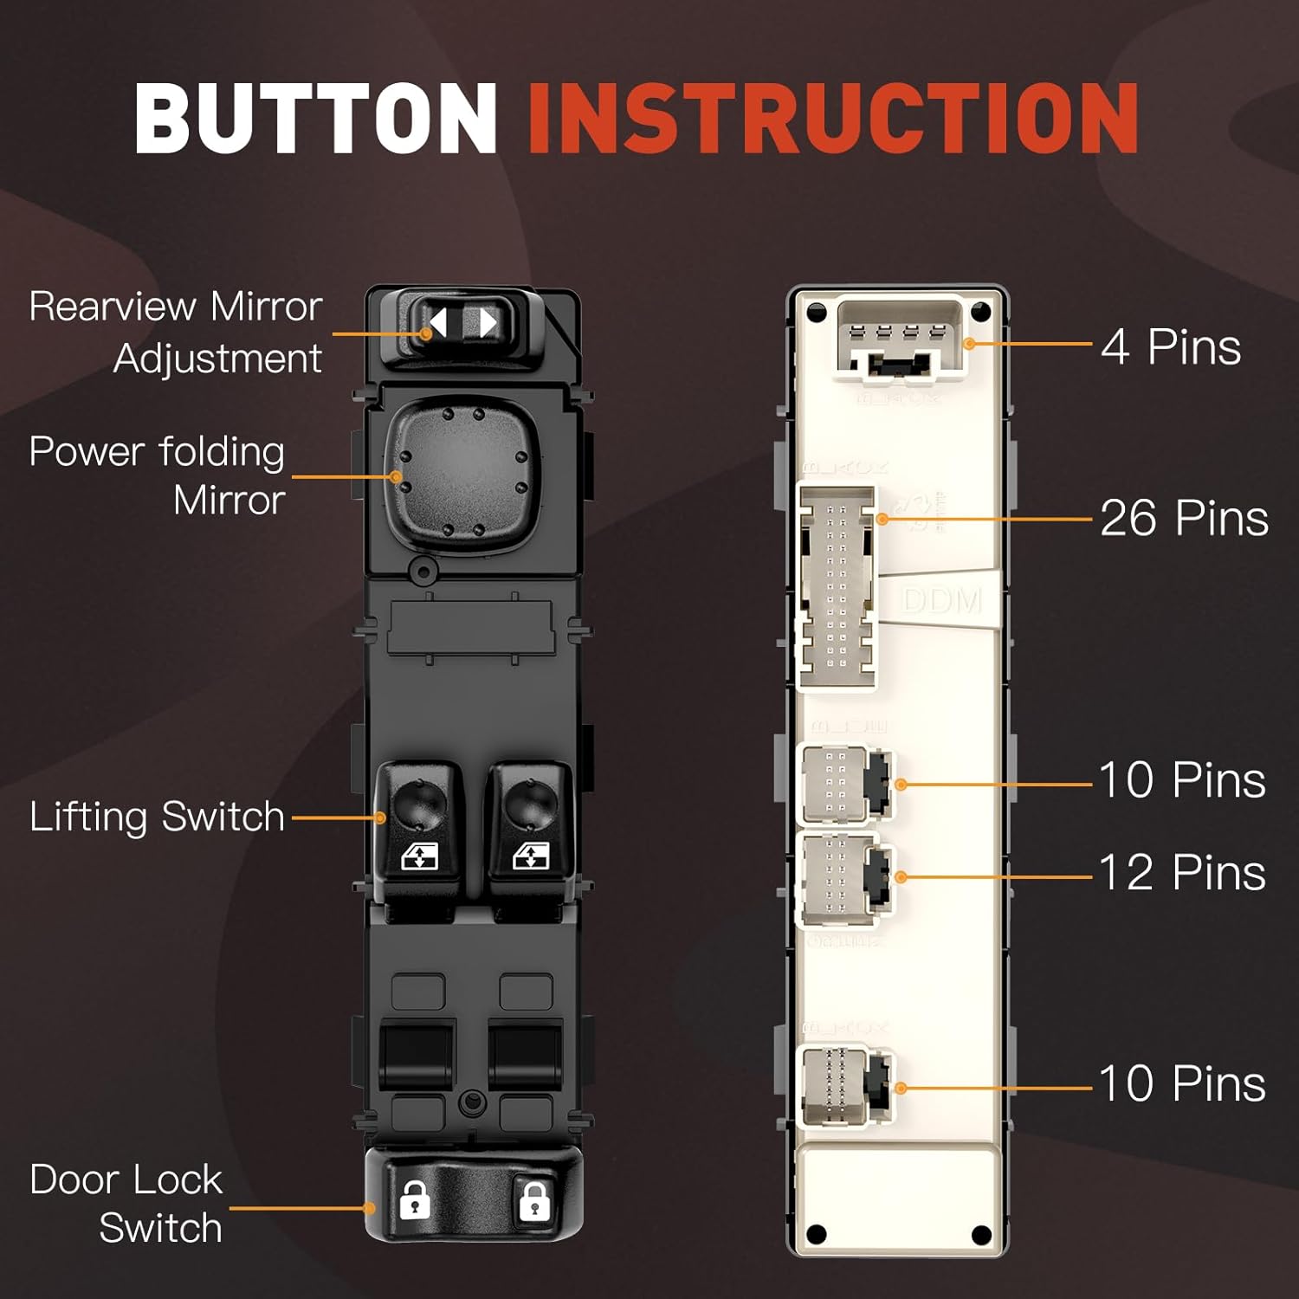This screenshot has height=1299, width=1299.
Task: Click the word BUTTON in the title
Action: (x=315, y=119)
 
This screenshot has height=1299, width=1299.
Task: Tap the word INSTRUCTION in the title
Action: (x=832, y=119)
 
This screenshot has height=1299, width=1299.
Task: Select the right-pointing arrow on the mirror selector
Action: (x=488, y=324)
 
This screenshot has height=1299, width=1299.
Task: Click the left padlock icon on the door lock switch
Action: (x=415, y=1200)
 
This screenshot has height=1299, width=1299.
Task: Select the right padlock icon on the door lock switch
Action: (x=533, y=1200)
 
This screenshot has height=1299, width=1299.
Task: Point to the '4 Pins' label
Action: (x=1171, y=347)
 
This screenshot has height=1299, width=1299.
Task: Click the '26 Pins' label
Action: (x=1183, y=518)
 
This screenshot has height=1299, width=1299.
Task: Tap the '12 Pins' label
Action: (x=1181, y=872)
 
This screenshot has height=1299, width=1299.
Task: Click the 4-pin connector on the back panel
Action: (x=899, y=341)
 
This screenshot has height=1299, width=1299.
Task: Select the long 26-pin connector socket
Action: (x=837, y=587)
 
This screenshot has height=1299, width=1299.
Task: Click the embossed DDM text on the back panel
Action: (x=941, y=600)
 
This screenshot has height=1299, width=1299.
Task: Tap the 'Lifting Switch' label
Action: (x=158, y=817)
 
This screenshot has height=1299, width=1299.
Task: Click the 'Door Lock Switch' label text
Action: (x=127, y=1204)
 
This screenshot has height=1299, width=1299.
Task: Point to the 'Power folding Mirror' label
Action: (x=158, y=475)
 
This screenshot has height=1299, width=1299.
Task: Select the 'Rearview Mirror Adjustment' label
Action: (x=176, y=332)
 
